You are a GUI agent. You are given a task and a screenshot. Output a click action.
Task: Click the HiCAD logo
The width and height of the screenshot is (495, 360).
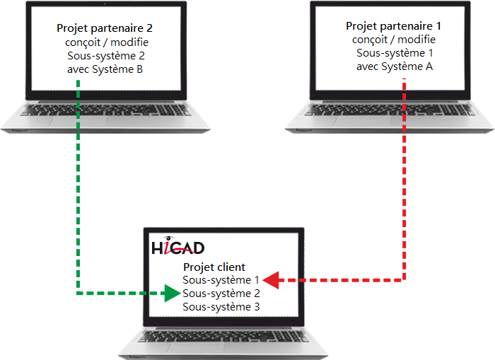[x=178, y=245]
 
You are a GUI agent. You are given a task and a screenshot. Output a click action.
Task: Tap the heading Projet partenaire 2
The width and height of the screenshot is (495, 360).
[x=105, y=28]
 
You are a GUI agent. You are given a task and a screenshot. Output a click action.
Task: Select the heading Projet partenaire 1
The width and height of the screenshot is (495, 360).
[x=393, y=26]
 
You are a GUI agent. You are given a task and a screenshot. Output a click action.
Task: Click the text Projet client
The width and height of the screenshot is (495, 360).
[x=214, y=267]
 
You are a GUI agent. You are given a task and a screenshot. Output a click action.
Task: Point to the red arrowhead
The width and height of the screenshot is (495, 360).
[x=271, y=280]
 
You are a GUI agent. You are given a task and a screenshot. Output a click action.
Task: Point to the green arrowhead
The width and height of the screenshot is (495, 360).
[x=173, y=294]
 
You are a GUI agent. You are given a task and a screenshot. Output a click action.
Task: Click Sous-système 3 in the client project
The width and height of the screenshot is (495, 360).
[x=221, y=307]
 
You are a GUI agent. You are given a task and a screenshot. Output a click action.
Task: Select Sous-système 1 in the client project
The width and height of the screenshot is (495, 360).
[x=221, y=280]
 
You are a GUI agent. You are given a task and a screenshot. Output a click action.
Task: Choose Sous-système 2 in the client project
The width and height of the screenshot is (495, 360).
[x=221, y=294]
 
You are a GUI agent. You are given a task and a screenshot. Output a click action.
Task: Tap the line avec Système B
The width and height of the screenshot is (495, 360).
[x=105, y=69]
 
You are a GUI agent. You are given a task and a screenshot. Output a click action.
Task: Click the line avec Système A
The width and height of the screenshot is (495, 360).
[x=395, y=66]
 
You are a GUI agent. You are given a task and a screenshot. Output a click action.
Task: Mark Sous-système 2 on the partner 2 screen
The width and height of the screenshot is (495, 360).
[x=106, y=56]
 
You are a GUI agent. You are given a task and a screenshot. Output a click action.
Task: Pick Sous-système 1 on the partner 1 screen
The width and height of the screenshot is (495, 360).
[x=395, y=53]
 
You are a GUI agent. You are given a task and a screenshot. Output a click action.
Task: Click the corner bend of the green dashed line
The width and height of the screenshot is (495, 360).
[x=78, y=294]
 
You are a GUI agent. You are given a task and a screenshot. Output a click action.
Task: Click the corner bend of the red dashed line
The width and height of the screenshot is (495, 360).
[x=404, y=280]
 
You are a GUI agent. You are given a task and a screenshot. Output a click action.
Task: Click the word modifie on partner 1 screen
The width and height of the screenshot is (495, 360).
[x=417, y=40]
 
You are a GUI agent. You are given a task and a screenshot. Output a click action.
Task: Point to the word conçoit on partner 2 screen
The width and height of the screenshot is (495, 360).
[x=83, y=42]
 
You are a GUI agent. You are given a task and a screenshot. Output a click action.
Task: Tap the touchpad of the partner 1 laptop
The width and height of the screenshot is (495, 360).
[x=362, y=121]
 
